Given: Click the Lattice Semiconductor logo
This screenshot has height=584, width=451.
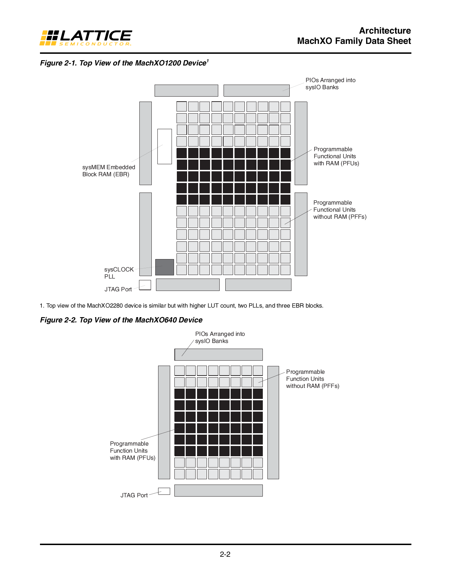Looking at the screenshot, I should [86, 38].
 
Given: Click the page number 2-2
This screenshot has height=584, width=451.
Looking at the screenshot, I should [225, 554].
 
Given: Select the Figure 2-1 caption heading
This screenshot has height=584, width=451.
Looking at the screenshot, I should [124, 63].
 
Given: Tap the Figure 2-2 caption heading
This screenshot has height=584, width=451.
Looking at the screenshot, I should [121, 320].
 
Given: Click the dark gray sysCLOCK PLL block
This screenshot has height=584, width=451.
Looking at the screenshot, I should [164, 267].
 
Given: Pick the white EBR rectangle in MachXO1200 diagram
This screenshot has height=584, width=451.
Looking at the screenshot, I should [164, 146].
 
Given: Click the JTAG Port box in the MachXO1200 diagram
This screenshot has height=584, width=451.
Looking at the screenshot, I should [145, 285].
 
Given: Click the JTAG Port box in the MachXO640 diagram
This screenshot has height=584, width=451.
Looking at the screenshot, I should [164, 491].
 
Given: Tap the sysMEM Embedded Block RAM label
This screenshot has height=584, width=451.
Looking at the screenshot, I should [109, 171].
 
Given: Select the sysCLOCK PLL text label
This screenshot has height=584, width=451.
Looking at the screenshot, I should [118, 273].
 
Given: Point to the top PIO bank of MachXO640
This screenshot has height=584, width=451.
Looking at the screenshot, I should [219, 355].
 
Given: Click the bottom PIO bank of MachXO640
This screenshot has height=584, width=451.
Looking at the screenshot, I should [219, 491].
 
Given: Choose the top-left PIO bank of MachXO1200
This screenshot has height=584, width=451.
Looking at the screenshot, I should [186, 91].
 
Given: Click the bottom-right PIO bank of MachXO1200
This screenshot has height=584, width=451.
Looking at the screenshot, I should [258, 285].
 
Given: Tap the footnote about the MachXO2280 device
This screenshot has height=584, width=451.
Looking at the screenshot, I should [181, 305].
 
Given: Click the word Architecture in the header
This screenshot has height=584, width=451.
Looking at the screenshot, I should [385, 31].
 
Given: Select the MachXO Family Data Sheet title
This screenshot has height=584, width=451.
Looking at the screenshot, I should [354, 41].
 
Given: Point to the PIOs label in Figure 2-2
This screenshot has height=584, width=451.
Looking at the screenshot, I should [220, 337].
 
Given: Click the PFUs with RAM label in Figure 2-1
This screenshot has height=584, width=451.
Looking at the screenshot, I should [336, 156].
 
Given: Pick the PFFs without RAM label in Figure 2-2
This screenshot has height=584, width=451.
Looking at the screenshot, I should [312, 379].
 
